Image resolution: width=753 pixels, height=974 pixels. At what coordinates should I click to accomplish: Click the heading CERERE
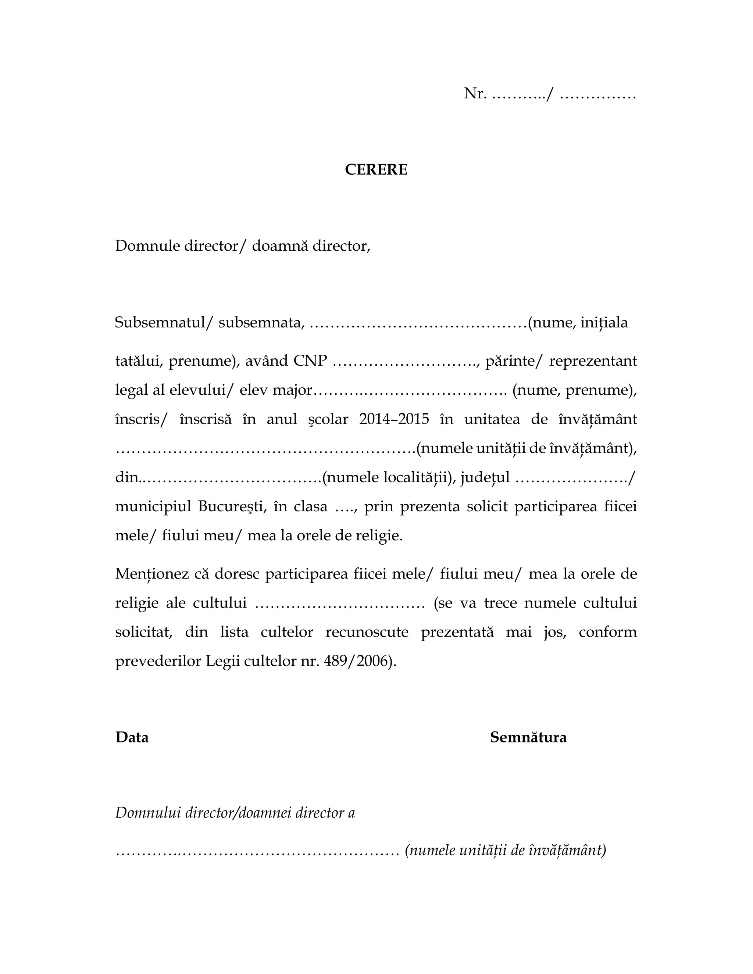pyautogui.click(x=376, y=170)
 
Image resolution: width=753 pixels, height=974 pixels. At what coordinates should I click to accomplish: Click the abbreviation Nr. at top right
pyautogui.click(x=475, y=94)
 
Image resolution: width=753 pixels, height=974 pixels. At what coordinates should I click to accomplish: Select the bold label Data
pyautogui.click(x=132, y=737)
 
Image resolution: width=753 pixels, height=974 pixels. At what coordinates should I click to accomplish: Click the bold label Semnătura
pyautogui.click(x=528, y=737)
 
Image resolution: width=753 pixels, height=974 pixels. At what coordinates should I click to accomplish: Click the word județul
pyautogui.click(x=485, y=478)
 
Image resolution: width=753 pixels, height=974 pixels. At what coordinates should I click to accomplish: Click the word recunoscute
pyautogui.click(x=367, y=632)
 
